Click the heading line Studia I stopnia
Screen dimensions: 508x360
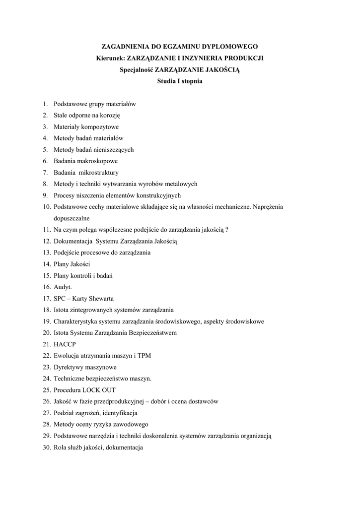pos(180,82)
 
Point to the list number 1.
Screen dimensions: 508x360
pos(45,104)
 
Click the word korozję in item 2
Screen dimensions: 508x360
pos(110,115)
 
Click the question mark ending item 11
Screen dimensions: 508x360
pos(227,229)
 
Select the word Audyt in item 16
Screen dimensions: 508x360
pos(62,287)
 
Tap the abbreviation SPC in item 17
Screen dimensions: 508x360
pos(60,298)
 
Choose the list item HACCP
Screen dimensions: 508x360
pos(65,344)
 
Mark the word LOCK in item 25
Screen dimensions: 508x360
pos(92,389)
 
